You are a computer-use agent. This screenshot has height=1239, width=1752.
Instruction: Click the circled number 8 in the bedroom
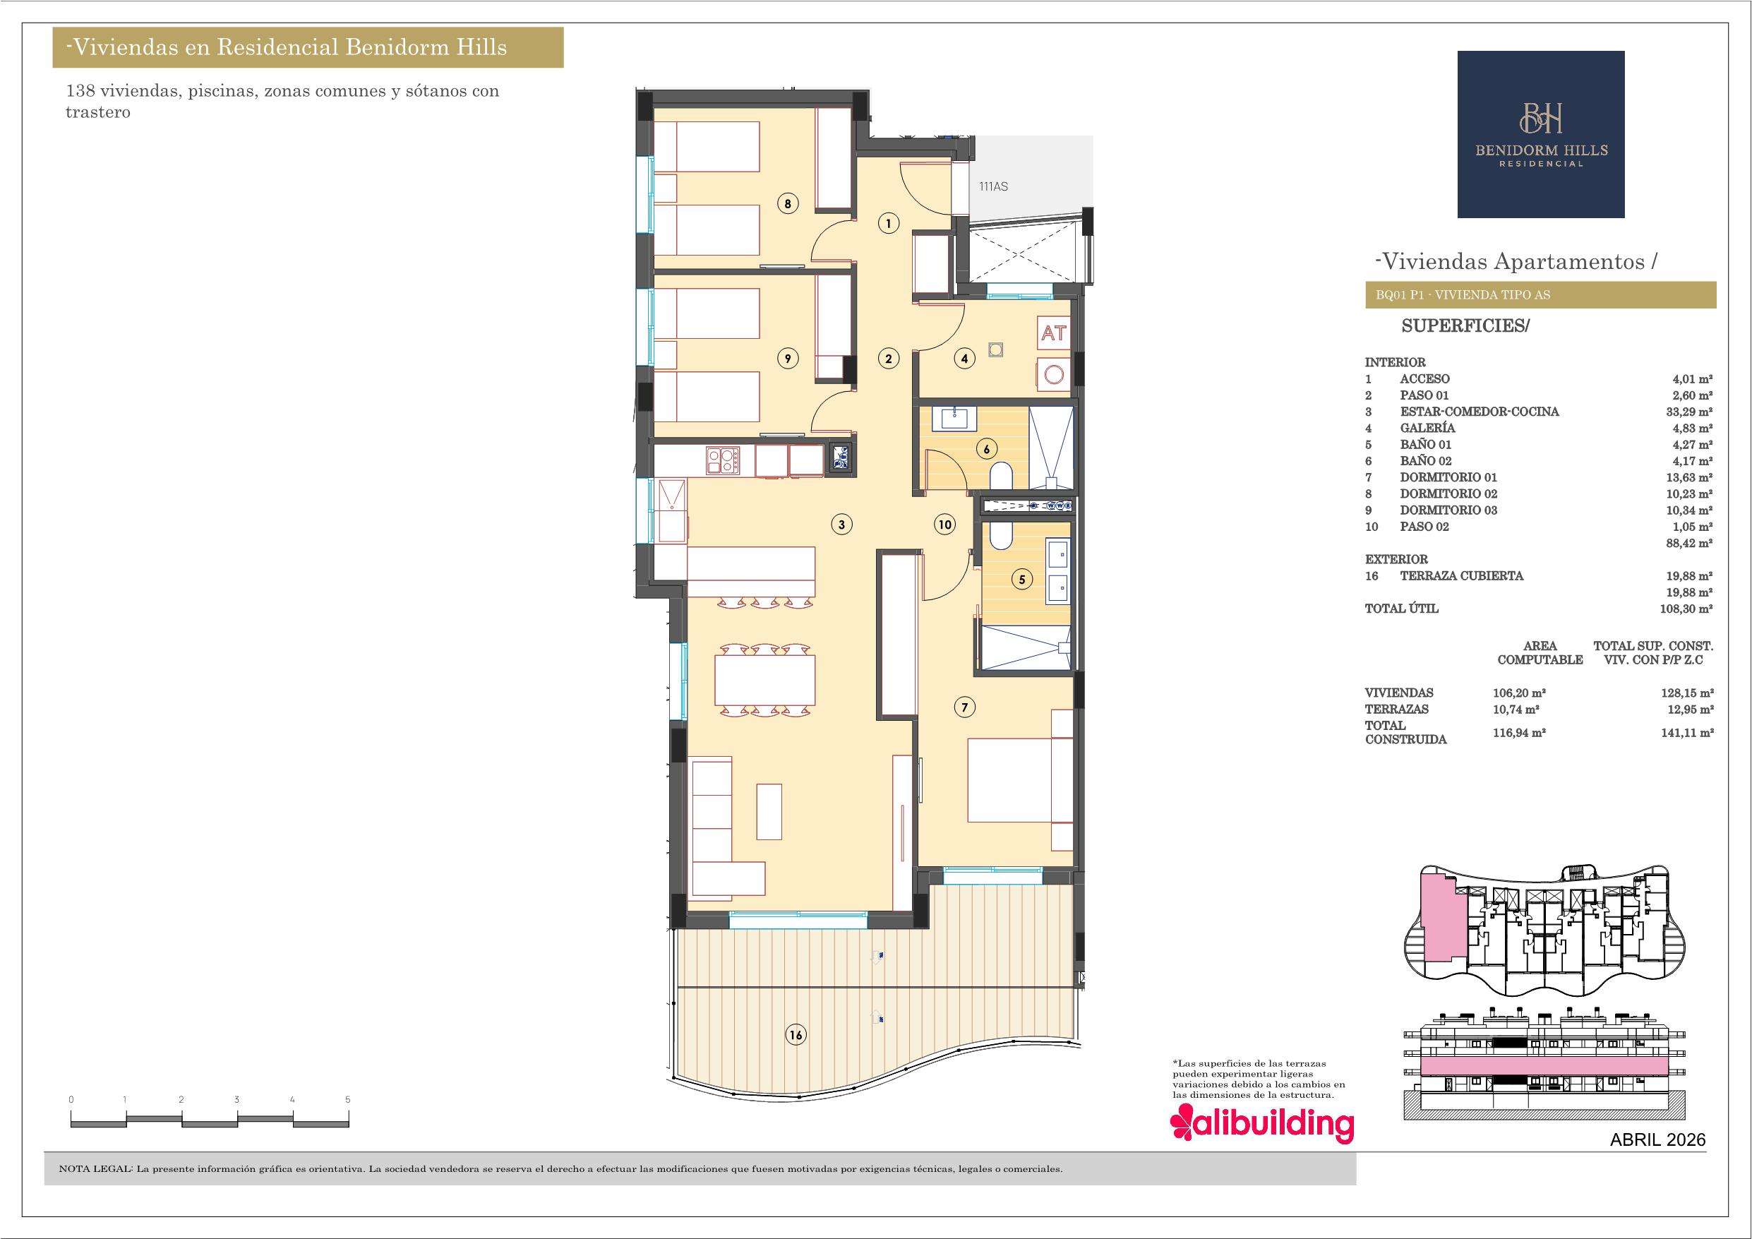coord(788,204)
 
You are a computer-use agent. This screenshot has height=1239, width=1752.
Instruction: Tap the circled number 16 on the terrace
coord(796,1035)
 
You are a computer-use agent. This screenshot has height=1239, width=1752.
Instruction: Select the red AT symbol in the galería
coord(1054,334)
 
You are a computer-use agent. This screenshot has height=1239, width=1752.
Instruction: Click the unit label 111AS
coord(993,186)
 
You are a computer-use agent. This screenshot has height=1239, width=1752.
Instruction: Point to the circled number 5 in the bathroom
coord(1021,580)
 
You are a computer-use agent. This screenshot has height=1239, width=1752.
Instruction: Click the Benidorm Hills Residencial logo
coord(1541,134)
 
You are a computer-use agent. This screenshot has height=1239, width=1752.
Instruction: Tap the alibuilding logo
coord(1262,1125)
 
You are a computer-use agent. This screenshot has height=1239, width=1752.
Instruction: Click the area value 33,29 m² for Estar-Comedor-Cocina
coord(1688,412)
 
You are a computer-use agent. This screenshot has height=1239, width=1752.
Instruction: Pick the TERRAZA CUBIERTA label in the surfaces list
coord(1461,575)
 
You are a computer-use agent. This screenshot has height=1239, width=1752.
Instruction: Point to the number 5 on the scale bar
coord(348,1099)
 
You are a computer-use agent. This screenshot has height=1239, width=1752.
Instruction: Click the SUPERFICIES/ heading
coord(1466,326)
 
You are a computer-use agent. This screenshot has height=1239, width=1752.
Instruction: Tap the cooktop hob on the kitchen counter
coord(189,460)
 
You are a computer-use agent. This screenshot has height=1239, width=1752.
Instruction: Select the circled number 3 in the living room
coord(841,525)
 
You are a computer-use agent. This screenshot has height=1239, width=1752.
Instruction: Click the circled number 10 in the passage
coord(944,525)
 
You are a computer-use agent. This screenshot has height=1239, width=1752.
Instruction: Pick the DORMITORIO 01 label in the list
coord(1448,477)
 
